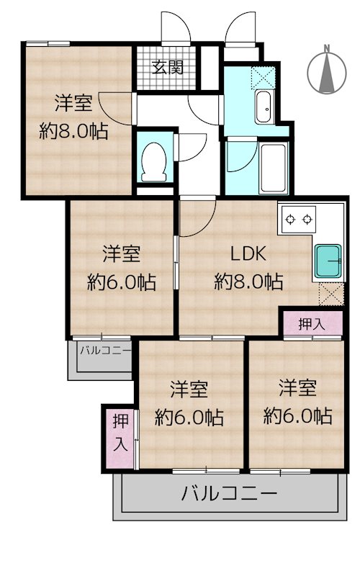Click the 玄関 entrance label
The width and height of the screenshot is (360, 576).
pos(168,67)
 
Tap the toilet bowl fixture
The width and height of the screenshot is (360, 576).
pos(154,161)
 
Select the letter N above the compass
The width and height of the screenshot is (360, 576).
pos(326,48)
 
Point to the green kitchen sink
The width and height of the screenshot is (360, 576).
pos(328,261)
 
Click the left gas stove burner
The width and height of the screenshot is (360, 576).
pos(291,220)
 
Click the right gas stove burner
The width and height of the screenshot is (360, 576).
pos(307,220)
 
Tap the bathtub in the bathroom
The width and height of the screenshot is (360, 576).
pos(273,168)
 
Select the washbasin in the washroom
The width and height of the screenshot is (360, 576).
pos(264,107)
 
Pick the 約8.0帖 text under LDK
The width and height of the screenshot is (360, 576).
pos(248,282)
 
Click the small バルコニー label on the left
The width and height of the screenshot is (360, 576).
pos(105,350)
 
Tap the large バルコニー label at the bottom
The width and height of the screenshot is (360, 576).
pos(229,493)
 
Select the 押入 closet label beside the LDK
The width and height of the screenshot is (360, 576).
pos(312,324)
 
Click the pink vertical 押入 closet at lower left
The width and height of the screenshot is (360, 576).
pos(120,437)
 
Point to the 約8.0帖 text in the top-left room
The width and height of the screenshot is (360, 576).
pos(74,131)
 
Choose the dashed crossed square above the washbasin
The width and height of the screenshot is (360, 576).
pos(263,78)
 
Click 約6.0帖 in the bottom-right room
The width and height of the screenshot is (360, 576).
pos(298,416)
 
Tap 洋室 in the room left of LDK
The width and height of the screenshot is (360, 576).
pos(121,254)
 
